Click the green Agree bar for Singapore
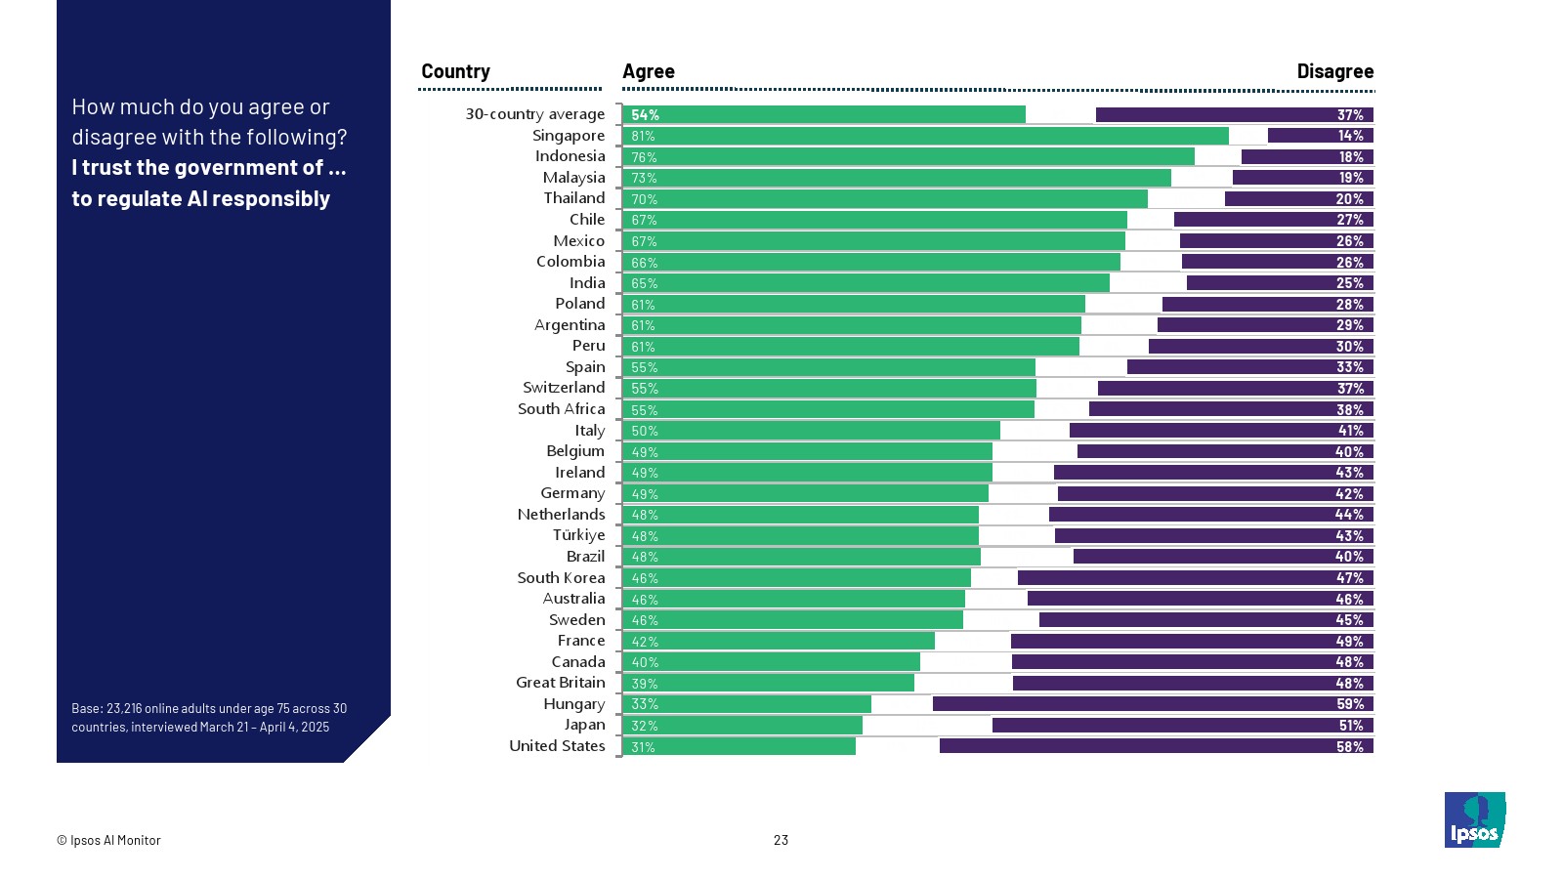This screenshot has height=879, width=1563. [x=925, y=136]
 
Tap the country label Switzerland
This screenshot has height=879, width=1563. [x=564, y=388]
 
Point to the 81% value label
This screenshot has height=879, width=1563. [x=643, y=136]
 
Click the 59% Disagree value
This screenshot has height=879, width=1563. [x=1350, y=704]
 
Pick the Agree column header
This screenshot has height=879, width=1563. [x=649, y=71]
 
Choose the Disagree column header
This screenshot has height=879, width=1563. [x=1334, y=71]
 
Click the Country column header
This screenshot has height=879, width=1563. [x=455, y=71]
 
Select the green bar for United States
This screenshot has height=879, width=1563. [x=739, y=746]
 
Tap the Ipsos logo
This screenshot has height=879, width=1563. [x=1475, y=819]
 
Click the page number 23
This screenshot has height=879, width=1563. [x=781, y=840]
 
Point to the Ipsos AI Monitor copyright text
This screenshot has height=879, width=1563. [x=108, y=840]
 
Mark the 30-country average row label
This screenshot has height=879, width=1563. [x=534, y=114]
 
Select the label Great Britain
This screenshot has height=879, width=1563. [x=561, y=683]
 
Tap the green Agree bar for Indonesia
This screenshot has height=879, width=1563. [x=908, y=156]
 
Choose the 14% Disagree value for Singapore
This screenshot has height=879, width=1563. [x=1350, y=136]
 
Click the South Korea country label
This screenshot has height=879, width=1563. [x=561, y=577]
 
